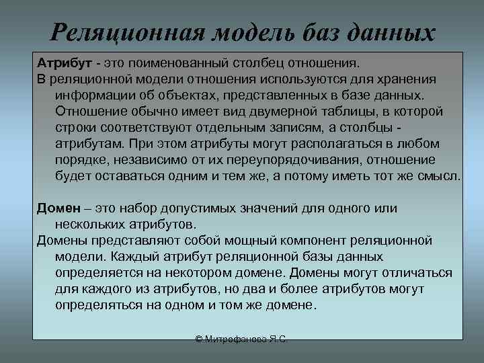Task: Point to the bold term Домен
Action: (x=60, y=208)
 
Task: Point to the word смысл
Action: (x=439, y=176)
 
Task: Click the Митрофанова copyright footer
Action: (x=241, y=341)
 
